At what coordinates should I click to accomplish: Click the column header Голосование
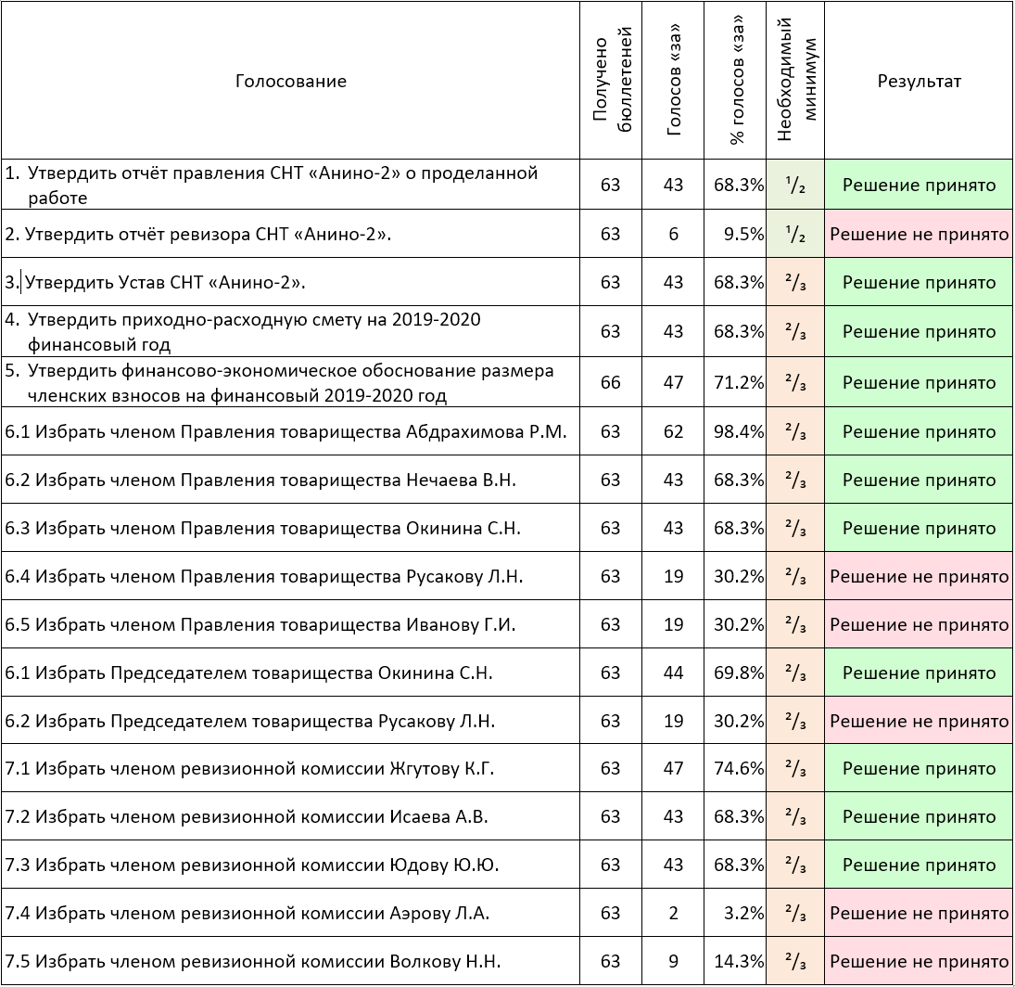(291, 81)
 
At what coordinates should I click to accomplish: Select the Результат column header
(919, 81)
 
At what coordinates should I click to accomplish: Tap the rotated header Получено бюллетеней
(611, 80)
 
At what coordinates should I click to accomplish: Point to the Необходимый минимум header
(795, 79)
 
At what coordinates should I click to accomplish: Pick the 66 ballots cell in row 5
(611, 382)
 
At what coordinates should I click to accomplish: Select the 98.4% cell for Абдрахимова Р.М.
(739, 431)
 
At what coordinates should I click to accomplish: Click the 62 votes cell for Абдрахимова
(673, 431)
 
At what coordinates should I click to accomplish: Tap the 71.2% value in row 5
(739, 382)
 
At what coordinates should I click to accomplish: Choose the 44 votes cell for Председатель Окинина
(673, 673)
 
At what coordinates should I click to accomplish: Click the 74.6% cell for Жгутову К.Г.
(739, 768)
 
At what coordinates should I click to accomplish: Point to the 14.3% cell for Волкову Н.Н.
(739, 961)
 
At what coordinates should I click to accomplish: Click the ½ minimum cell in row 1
(795, 186)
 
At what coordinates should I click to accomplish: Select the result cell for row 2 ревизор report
(920, 234)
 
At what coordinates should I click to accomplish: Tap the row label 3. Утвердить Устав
(156, 282)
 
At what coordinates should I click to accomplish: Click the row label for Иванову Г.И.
(260, 624)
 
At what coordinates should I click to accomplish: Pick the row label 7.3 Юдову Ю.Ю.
(252, 865)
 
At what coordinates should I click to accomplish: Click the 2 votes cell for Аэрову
(673, 913)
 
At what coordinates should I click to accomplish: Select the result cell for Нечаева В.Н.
(920, 480)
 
